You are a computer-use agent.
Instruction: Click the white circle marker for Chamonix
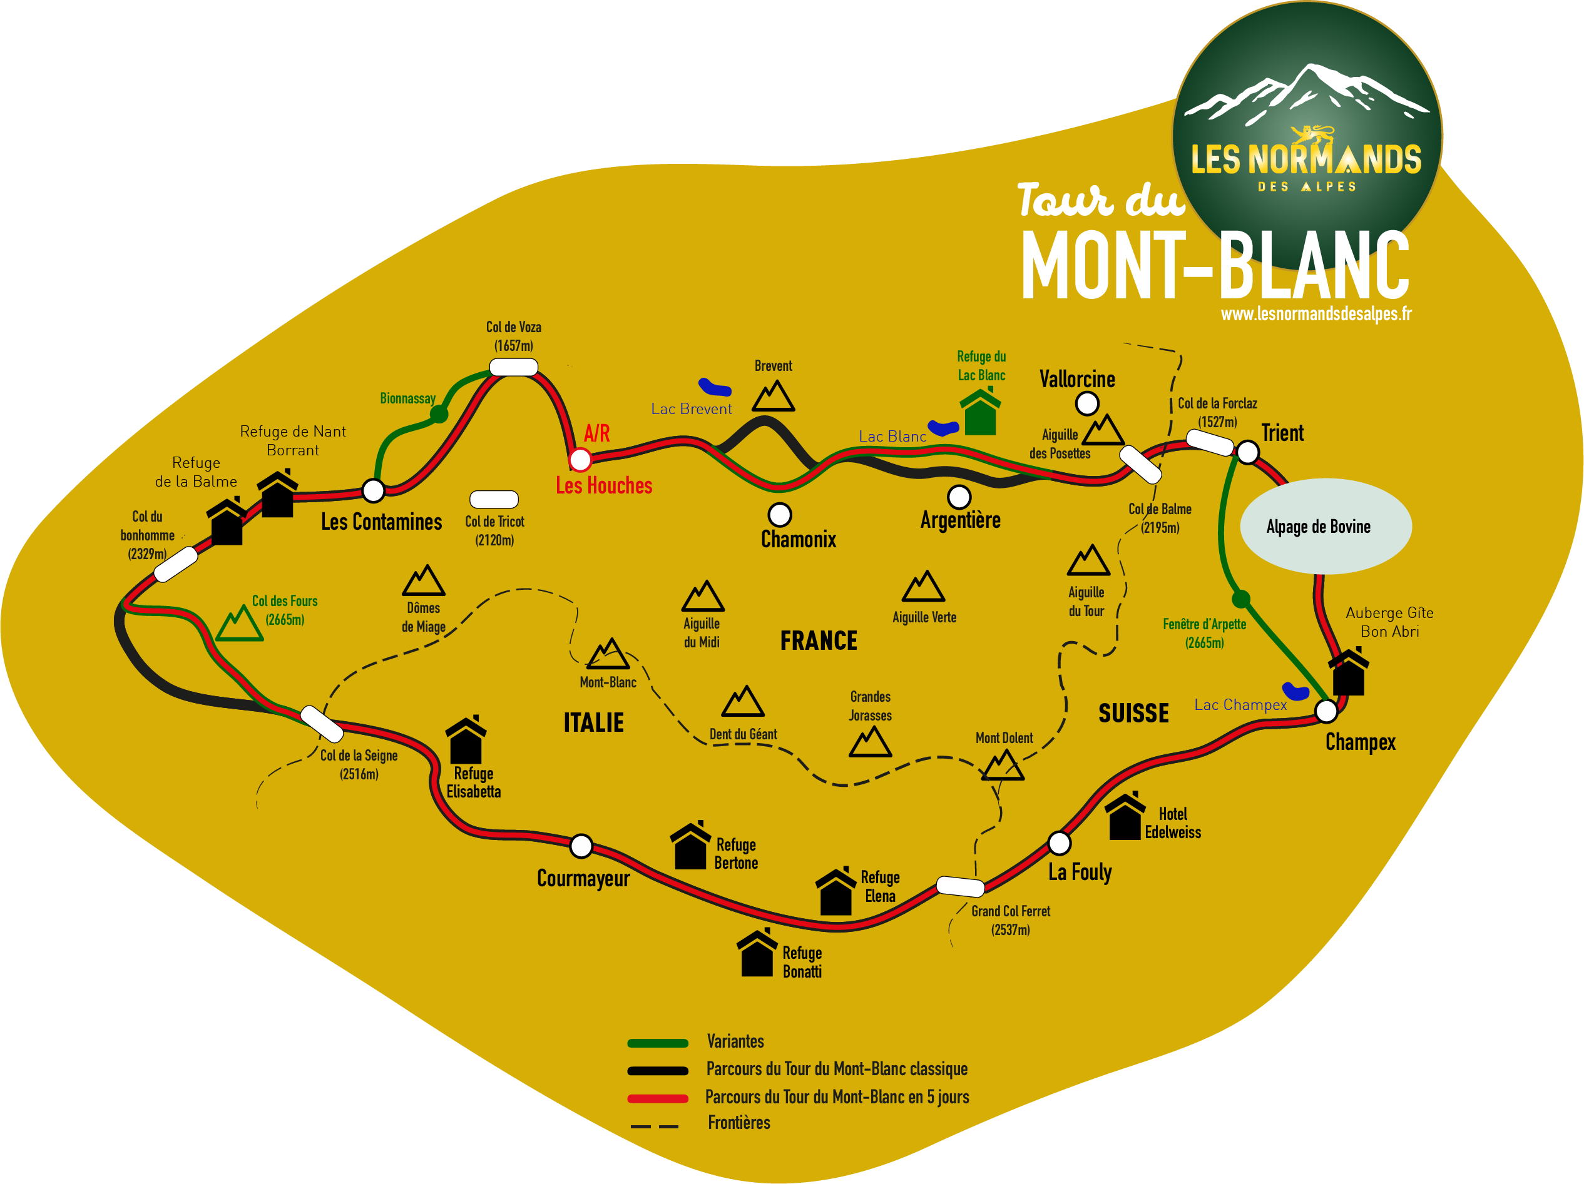(x=779, y=514)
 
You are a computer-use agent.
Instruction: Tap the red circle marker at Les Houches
(x=580, y=459)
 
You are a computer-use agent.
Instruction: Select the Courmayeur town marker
(x=581, y=846)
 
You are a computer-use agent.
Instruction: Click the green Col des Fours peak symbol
(x=239, y=624)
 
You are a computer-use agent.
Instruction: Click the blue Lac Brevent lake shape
(x=714, y=387)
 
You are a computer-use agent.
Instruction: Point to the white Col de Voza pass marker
(x=513, y=367)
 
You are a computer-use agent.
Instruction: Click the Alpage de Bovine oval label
(x=1326, y=526)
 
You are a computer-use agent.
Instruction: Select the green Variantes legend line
(x=657, y=1043)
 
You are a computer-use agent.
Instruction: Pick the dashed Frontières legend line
(x=655, y=1126)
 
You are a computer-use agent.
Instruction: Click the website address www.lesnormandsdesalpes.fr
(x=1316, y=313)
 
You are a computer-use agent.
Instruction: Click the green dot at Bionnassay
(x=439, y=414)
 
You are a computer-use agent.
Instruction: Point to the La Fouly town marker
(x=1059, y=842)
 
